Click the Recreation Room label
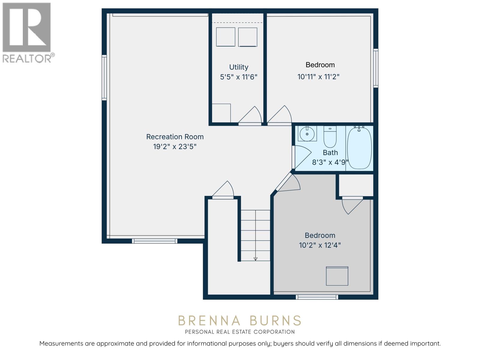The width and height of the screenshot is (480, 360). (175, 137)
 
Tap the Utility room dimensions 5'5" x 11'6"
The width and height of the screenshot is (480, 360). (238, 77)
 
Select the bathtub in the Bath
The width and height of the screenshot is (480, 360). (359, 148)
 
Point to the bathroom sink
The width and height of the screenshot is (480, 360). (307, 134)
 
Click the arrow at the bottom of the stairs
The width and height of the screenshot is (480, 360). (255, 259)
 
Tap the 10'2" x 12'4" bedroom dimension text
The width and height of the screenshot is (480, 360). (320, 245)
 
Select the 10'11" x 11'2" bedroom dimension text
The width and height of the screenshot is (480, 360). (318, 77)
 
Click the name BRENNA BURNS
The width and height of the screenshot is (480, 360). (239, 321)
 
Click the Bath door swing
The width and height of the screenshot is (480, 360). (301, 157)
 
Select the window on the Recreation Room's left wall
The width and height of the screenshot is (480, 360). (104, 77)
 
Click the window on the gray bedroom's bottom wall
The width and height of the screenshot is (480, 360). (317, 297)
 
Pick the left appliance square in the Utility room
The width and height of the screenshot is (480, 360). (226, 37)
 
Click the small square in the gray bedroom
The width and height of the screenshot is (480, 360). (337, 276)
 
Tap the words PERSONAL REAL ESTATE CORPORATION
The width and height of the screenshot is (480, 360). (239, 332)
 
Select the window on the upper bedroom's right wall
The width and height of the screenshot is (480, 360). (376, 68)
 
